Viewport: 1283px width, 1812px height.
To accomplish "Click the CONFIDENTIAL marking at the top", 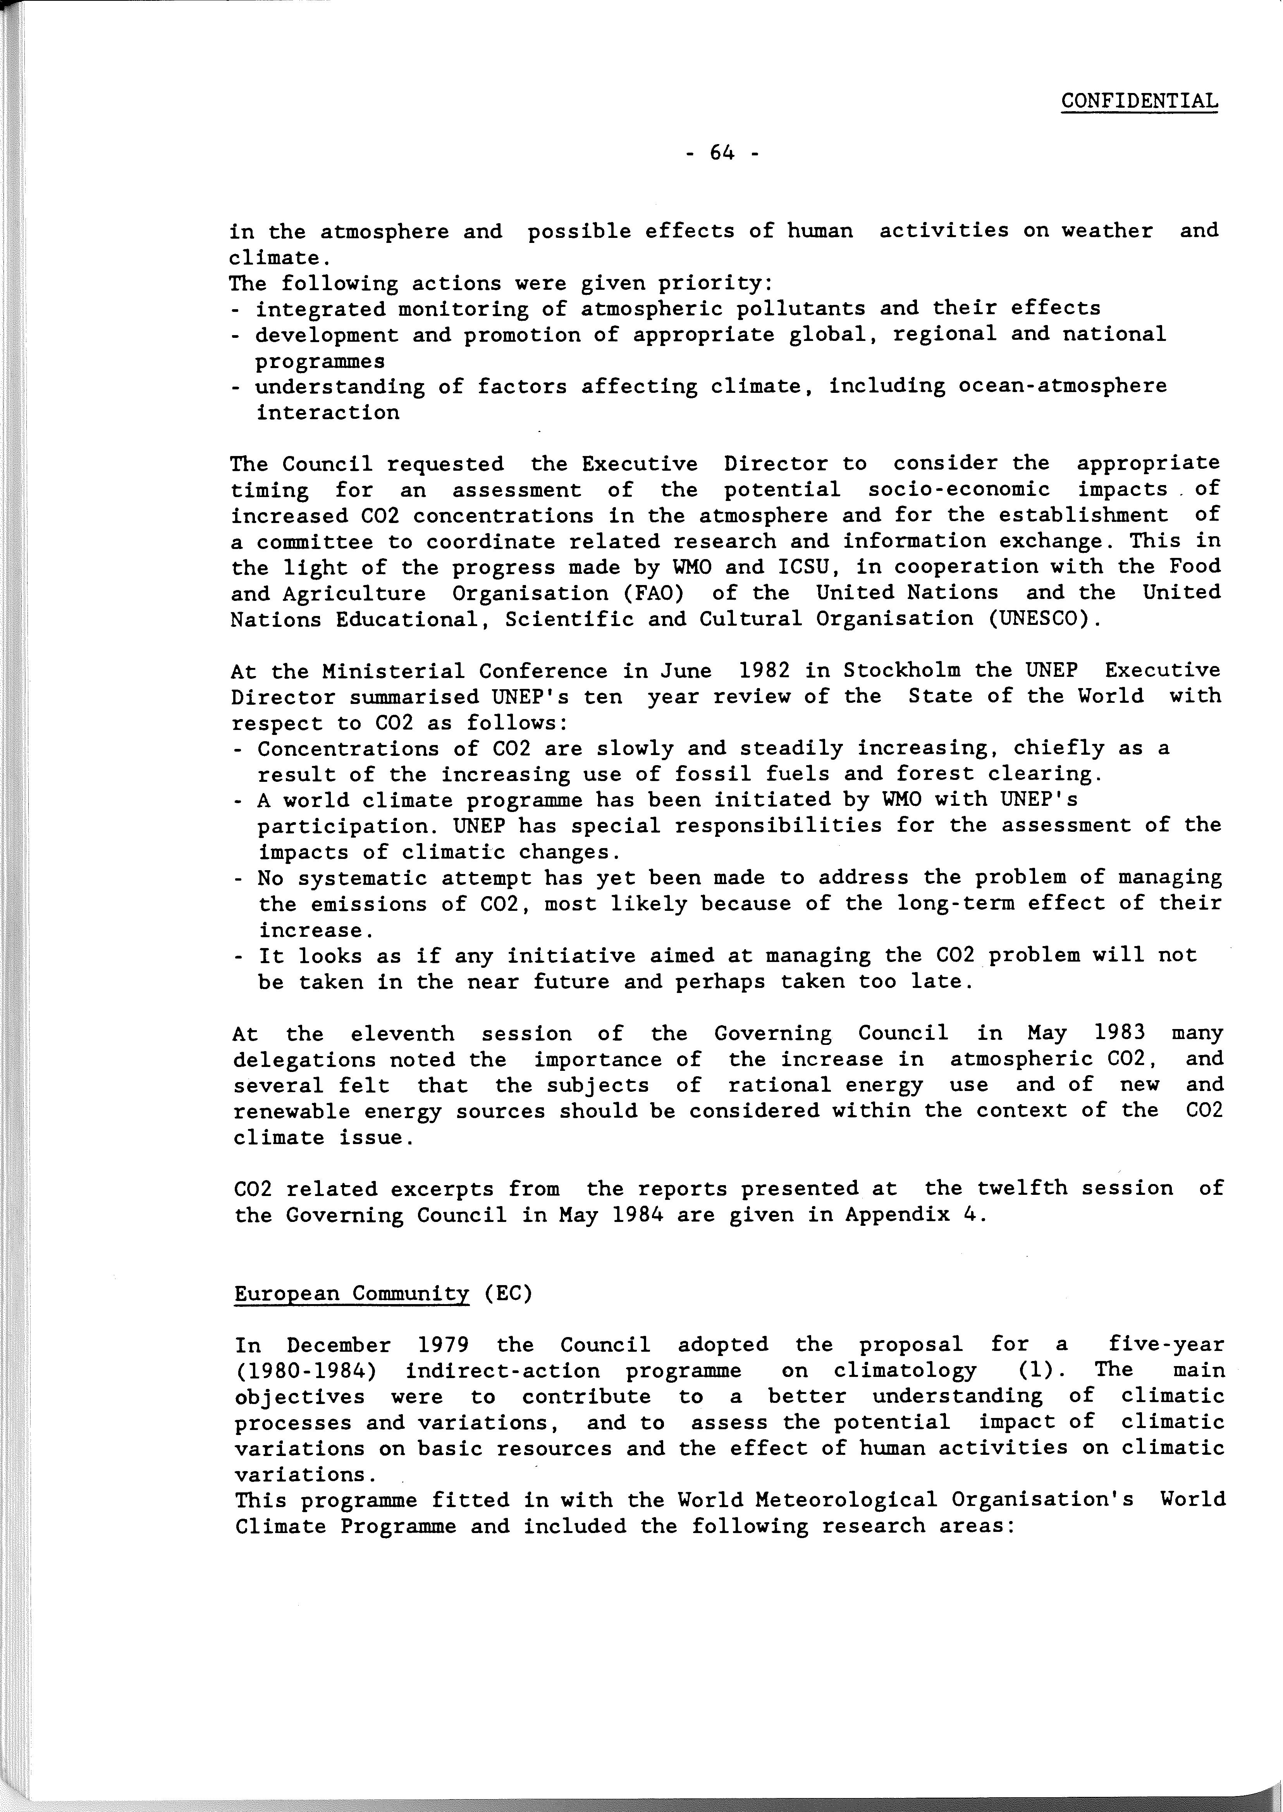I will pyautogui.click(x=1139, y=101).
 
